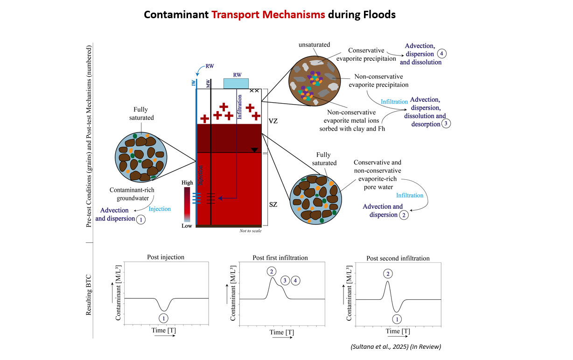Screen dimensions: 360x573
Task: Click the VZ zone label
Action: click(x=274, y=120)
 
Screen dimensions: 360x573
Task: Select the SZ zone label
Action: click(x=274, y=205)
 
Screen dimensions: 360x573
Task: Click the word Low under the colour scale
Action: click(x=187, y=226)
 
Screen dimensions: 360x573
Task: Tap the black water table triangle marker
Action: click(x=254, y=150)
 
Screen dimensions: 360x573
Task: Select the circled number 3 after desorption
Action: click(x=447, y=124)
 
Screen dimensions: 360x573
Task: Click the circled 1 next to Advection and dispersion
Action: click(x=140, y=219)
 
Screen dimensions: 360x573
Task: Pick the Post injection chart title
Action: click(x=166, y=257)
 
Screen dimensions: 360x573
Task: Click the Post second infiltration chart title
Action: click(x=398, y=258)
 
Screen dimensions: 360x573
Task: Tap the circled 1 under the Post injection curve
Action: click(x=163, y=318)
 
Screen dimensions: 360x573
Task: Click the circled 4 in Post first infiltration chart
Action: click(x=295, y=281)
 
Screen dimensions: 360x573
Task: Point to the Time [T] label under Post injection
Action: click(x=164, y=330)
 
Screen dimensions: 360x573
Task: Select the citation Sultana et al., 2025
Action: click(x=395, y=346)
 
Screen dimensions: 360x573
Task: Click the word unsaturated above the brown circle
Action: click(x=314, y=45)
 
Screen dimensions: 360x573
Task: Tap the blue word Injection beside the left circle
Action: click(x=159, y=209)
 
